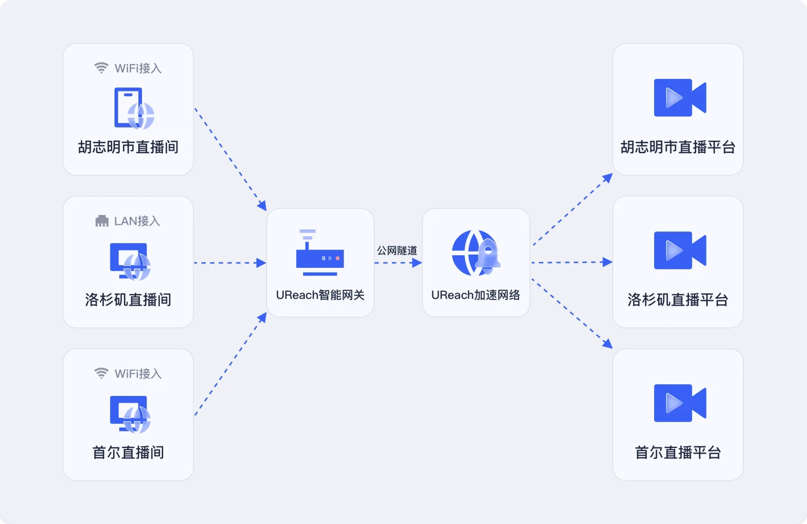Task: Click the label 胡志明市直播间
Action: (x=128, y=147)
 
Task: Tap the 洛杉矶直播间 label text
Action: (x=128, y=300)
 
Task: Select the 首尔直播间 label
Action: (x=128, y=453)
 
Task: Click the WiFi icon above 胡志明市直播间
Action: (x=101, y=68)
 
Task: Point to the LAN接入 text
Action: (x=137, y=221)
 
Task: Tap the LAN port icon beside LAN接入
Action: (x=102, y=221)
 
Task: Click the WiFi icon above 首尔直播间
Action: (x=101, y=373)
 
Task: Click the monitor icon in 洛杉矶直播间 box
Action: (x=130, y=261)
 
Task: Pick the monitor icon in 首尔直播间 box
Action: (x=130, y=414)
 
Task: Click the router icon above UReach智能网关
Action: (x=319, y=253)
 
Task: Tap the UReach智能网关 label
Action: (x=320, y=295)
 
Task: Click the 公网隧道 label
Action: (x=397, y=250)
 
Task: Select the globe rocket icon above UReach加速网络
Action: (x=475, y=253)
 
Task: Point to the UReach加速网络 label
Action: (x=475, y=295)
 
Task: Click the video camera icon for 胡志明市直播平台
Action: (x=680, y=98)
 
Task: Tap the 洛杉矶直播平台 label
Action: (x=678, y=300)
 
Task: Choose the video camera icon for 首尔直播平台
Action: (x=680, y=403)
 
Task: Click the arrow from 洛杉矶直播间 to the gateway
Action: (x=230, y=263)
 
